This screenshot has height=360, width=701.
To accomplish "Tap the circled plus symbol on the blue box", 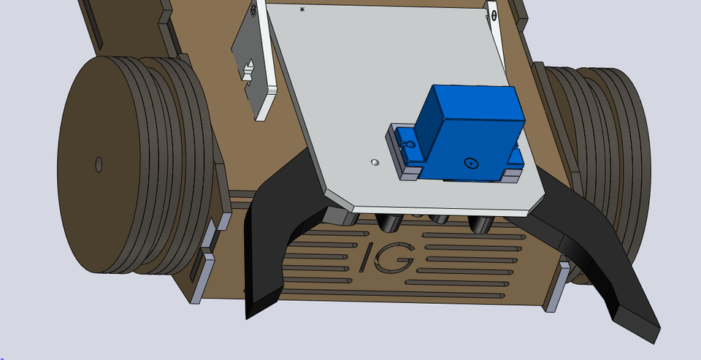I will click(x=471, y=163).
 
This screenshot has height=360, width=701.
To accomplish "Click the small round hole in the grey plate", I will click(x=375, y=161).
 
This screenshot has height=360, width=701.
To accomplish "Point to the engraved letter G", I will click(x=399, y=257).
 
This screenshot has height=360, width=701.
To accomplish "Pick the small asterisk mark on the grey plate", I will click(x=302, y=9).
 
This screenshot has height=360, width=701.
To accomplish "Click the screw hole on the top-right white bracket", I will click(x=494, y=14).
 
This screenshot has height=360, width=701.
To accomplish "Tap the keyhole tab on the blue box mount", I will click(x=409, y=145).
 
